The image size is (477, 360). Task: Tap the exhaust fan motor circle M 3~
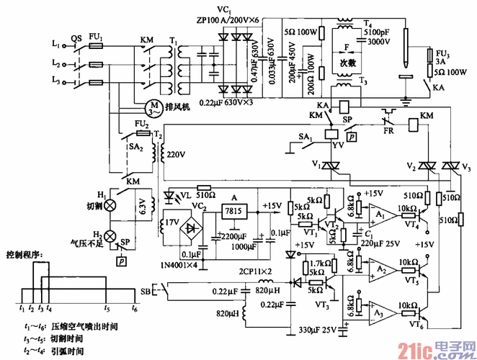pos(153,108)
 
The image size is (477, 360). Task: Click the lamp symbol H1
pos(111,205)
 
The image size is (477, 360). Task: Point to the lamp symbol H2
pos(111,235)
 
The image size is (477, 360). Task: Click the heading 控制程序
pos(25,255)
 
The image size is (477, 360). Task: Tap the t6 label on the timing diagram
pos(134,307)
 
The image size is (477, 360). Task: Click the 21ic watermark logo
pos(439,348)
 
